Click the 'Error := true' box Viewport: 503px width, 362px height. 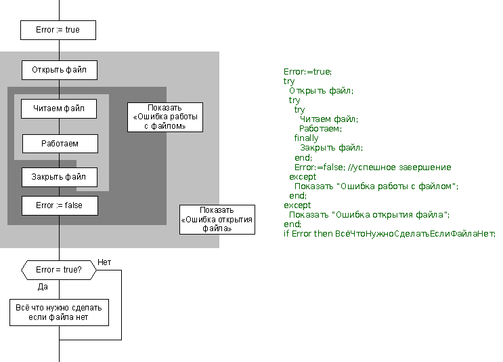58,30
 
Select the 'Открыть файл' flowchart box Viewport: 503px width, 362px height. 59,70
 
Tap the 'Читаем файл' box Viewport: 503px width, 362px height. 59,108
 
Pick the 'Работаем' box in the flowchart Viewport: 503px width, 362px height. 60,144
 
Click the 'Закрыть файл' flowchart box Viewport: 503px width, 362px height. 60,177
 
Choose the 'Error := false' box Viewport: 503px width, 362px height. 59,205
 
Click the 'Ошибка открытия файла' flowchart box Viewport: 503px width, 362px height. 217,219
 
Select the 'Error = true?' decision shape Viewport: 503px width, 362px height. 58,270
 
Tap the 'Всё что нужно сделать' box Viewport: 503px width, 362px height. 59,312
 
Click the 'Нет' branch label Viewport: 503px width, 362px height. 104,262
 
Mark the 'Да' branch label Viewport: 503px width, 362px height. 43,287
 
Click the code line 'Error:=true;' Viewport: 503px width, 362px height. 308,71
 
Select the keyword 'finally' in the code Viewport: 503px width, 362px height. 306,138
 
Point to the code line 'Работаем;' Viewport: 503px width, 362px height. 320,128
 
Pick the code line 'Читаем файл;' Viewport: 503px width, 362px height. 328,119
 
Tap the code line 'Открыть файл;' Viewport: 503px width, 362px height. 321,90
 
